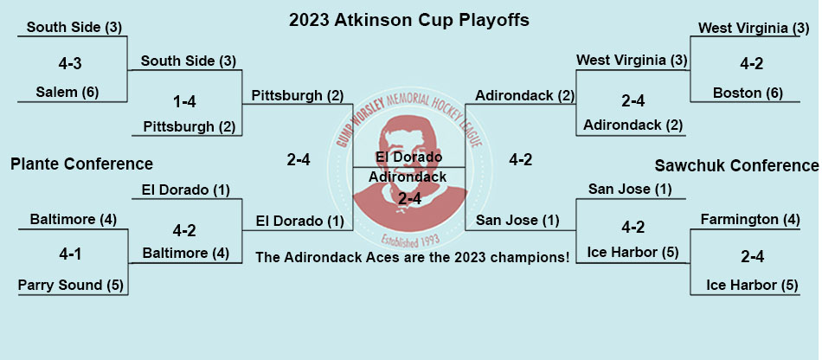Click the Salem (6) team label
(x=67, y=93)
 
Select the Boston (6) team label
(x=748, y=93)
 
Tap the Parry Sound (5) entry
(x=70, y=285)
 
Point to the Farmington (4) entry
(x=749, y=219)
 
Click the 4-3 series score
(x=70, y=64)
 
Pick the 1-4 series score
(x=184, y=101)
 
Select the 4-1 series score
(x=70, y=254)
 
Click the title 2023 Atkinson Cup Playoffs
(x=409, y=21)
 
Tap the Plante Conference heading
(x=82, y=164)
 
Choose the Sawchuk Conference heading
(x=736, y=166)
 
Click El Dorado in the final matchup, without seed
(x=409, y=157)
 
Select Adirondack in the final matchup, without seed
(x=408, y=177)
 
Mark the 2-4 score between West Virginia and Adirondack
(x=633, y=101)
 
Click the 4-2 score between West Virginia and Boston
(x=750, y=64)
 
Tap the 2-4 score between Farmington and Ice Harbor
(x=752, y=257)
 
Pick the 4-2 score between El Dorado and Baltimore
(x=185, y=230)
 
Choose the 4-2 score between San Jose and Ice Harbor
(x=633, y=228)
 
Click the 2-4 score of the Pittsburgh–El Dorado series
(x=299, y=160)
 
